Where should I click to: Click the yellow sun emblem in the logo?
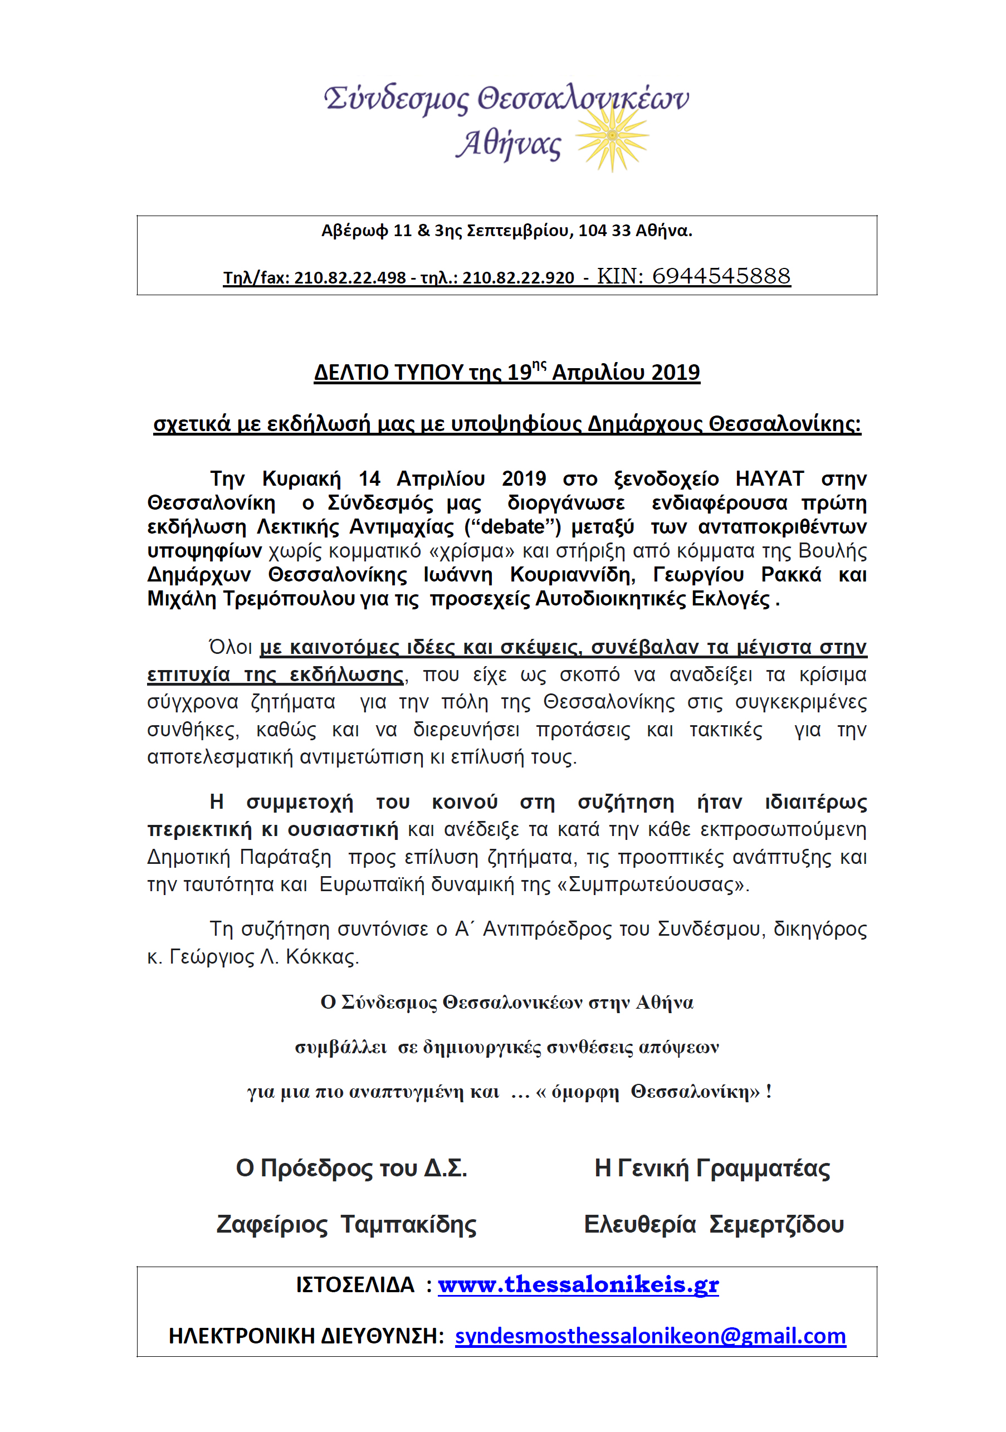tap(612, 135)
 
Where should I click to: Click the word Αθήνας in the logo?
tap(509, 145)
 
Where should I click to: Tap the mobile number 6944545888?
tap(721, 276)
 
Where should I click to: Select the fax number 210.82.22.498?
tap(350, 278)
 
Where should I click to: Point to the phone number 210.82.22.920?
tap(518, 278)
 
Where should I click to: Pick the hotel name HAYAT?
tap(769, 478)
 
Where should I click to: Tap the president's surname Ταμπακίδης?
tap(408, 1224)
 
